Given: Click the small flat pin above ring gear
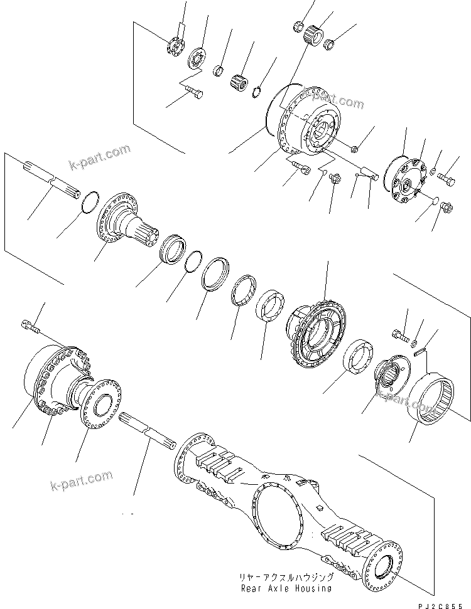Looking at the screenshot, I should click(x=421, y=353).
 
